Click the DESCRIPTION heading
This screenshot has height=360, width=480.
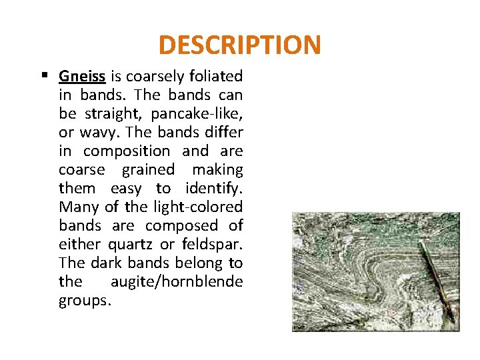click(x=240, y=45)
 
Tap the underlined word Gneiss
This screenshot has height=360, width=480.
click(x=82, y=76)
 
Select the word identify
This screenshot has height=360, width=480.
click(x=212, y=188)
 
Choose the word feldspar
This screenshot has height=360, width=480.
click(x=213, y=244)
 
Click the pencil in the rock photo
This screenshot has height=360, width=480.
click(x=437, y=280)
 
